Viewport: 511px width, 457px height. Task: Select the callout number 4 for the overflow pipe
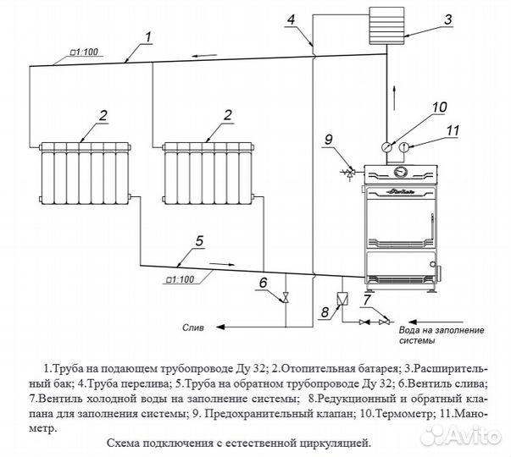[x=292, y=19]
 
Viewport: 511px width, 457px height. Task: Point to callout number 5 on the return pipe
[x=199, y=241]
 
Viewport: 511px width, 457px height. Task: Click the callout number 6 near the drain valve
[x=263, y=282]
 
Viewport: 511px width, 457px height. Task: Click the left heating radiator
[x=85, y=173]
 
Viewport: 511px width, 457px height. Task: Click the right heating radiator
[x=208, y=173]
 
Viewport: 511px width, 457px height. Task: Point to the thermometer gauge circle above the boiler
[x=387, y=146]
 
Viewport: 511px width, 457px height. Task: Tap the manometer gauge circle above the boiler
[x=405, y=146]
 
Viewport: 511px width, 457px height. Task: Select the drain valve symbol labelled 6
[x=286, y=298]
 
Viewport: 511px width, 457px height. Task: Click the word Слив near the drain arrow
[x=195, y=325]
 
